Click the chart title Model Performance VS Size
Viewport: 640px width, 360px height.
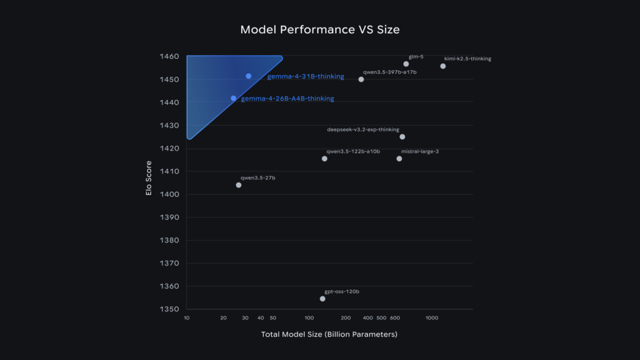point(319,30)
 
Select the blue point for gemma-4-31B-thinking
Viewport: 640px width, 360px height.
point(249,76)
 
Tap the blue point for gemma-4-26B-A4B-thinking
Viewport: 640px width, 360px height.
point(234,98)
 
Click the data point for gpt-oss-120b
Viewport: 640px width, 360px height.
point(322,299)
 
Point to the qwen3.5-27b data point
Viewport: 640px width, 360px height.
point(239,185)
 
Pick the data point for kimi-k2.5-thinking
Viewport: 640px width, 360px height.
point(443,66)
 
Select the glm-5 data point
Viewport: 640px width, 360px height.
point(406,64)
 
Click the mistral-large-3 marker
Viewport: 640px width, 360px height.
point(399,159)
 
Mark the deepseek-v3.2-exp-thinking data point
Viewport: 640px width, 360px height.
point(402,137)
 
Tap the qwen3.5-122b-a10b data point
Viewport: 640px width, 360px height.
point(324,159)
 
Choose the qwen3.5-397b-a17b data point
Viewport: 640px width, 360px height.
point(361,79)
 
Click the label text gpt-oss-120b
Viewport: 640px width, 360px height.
point(342,292)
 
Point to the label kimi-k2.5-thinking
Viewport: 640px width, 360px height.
point(467,59)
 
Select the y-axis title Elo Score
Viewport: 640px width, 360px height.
point(149,182)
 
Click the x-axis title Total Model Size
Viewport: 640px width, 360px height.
point(329,334)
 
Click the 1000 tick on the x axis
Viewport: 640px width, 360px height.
point(431,318)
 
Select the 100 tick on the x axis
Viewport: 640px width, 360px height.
point(309,318)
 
